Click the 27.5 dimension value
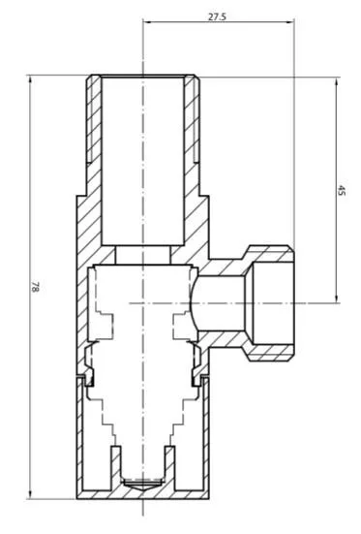click(x=217, y=16)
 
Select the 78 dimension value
click(x=36, y=287)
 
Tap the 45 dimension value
click(x=341, y=190)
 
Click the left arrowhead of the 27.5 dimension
click(x=147, y=22)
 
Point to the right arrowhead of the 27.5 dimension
click(x=290, y=22)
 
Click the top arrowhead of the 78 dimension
click(x=31, y=79)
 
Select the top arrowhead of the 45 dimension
click(x=337, y=82)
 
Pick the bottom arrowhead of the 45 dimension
click(x=337, y=298)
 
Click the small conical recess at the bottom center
click(x=143, y=484)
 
